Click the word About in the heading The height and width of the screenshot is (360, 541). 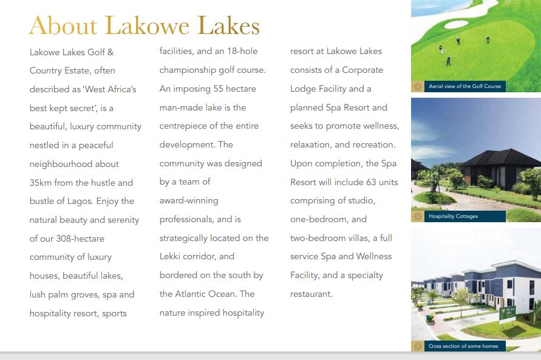tap(63, 25)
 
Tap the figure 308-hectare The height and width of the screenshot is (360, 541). tap(76, 239)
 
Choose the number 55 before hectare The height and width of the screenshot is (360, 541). tap(219, 89)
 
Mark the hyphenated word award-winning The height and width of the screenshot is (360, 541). tap(189, 201)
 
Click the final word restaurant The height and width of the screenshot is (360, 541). tap(311, 294)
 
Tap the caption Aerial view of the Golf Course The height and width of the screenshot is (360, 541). tap(464, 86)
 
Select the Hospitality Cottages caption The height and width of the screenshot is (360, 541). tap(453, 216)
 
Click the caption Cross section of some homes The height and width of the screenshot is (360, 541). tap(463, 346)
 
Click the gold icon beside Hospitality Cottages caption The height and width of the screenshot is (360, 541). tap(418, 216)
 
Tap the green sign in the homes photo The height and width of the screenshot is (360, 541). tap(505, 314)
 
